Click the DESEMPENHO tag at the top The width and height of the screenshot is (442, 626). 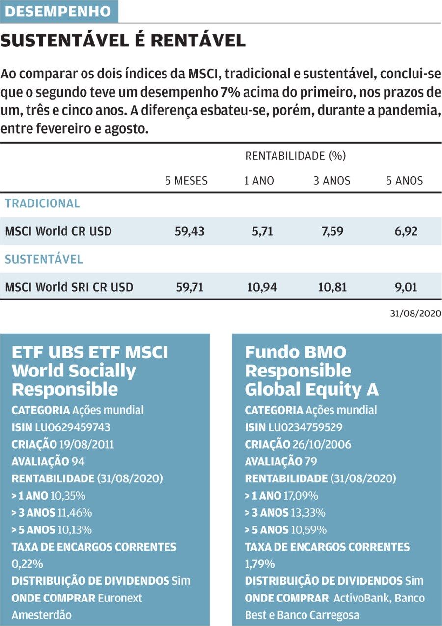click(x=59, y=11)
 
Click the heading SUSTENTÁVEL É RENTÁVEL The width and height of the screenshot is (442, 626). click(x=123, y=41)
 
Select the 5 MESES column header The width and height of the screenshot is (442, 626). click(x=186, y=181)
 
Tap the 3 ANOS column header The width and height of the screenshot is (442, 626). click(x=332, y=181)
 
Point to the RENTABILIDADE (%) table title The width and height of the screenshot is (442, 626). click(x=296, y=156)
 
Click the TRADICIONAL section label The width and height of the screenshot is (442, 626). click(x=42, y=203)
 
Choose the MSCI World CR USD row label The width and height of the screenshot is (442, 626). click(x=58, y=231)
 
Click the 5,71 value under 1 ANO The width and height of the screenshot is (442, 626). click(x=262, y=231)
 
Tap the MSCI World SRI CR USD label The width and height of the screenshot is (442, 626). click(x=69, y=287)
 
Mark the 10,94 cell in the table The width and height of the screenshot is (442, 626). click(x=262, y=287)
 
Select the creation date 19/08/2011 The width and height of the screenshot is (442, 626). click(x=86, y=445)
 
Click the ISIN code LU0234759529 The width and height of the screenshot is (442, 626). click(x=305, y=427)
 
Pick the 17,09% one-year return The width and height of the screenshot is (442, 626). click(x=301, y=496)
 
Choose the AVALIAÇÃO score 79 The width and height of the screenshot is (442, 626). click(x=311, y=462)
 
